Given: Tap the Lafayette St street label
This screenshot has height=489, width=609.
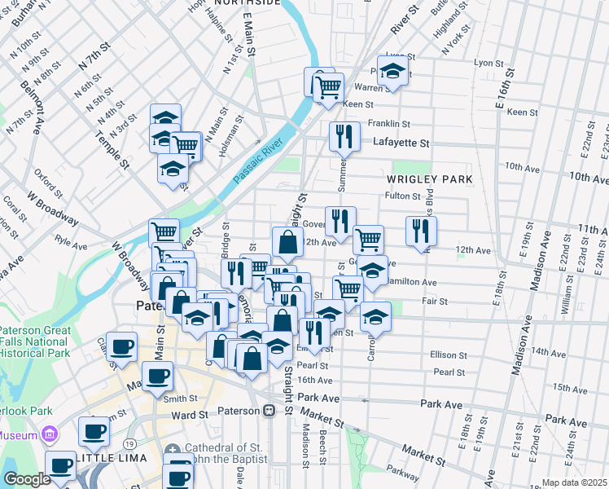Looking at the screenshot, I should tap(401, 143).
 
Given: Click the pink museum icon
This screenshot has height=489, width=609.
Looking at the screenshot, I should tap(48, 434).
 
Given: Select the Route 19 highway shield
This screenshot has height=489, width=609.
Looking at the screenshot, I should tap(130, 443).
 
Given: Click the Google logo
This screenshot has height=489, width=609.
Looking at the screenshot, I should tap(26, 479).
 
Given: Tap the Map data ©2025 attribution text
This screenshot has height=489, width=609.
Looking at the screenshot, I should tap(575, 482).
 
